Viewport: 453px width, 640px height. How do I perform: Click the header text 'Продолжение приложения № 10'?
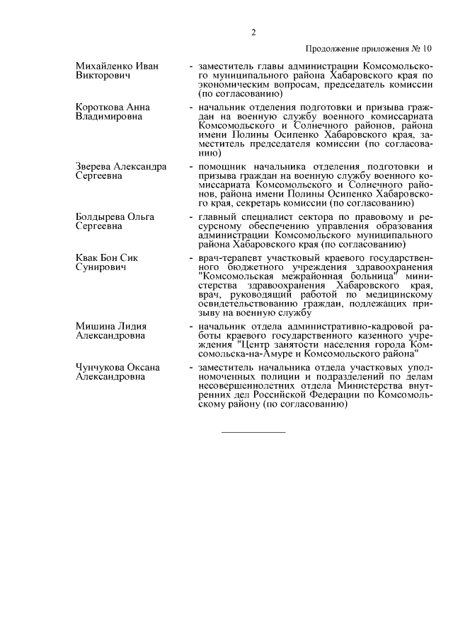pyautogui.click(x=368, y=49)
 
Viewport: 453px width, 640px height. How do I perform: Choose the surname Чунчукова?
pyautogui.click(x=101, y=367)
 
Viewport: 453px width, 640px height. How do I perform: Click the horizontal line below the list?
pyautogui.click(x=253, y=431)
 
